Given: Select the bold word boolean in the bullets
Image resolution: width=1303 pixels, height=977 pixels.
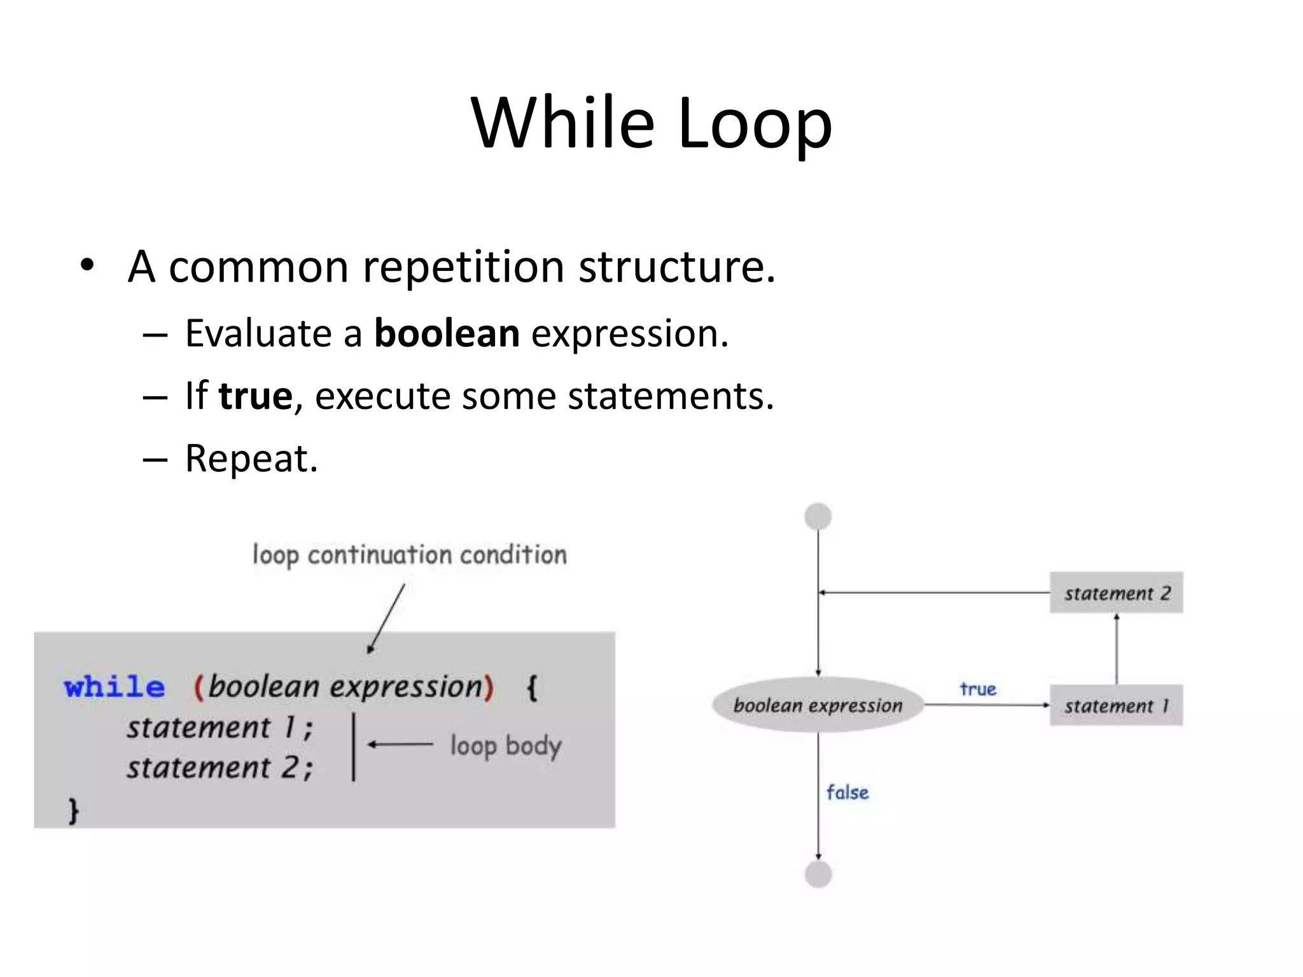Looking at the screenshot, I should point(447,333).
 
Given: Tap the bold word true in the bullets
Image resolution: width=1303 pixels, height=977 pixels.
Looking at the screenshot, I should point(255,396).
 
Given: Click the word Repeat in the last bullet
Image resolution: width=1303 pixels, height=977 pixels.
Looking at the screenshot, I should point(251,458).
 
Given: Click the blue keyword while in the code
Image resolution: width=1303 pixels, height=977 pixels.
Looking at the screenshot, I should point(115,688).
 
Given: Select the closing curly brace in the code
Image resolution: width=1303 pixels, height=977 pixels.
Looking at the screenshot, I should point(73,811).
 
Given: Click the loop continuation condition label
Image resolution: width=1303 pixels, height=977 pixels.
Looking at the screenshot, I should point(409,555).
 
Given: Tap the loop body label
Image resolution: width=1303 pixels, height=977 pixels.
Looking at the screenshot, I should point(506,746).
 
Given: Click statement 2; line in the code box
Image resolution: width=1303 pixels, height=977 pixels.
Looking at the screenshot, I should point(219,768).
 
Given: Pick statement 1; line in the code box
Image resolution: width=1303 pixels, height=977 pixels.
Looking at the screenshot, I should point(219,728).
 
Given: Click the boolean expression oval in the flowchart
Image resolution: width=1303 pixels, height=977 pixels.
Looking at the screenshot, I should point(818,705).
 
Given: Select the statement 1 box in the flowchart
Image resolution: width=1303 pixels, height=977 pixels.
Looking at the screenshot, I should point(1116,705).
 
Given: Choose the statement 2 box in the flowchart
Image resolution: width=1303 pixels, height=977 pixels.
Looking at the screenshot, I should point(1116,593).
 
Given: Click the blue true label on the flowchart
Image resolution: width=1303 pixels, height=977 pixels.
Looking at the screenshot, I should point(977,689).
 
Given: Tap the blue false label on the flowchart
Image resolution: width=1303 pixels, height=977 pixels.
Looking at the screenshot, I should point(847,793).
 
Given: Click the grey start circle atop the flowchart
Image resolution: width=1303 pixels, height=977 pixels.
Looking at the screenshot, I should point(818,516).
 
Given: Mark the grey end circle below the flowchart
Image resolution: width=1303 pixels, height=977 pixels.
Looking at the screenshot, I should point(818,875).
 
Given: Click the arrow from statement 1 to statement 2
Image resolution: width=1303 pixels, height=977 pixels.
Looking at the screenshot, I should point(1117,649).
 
